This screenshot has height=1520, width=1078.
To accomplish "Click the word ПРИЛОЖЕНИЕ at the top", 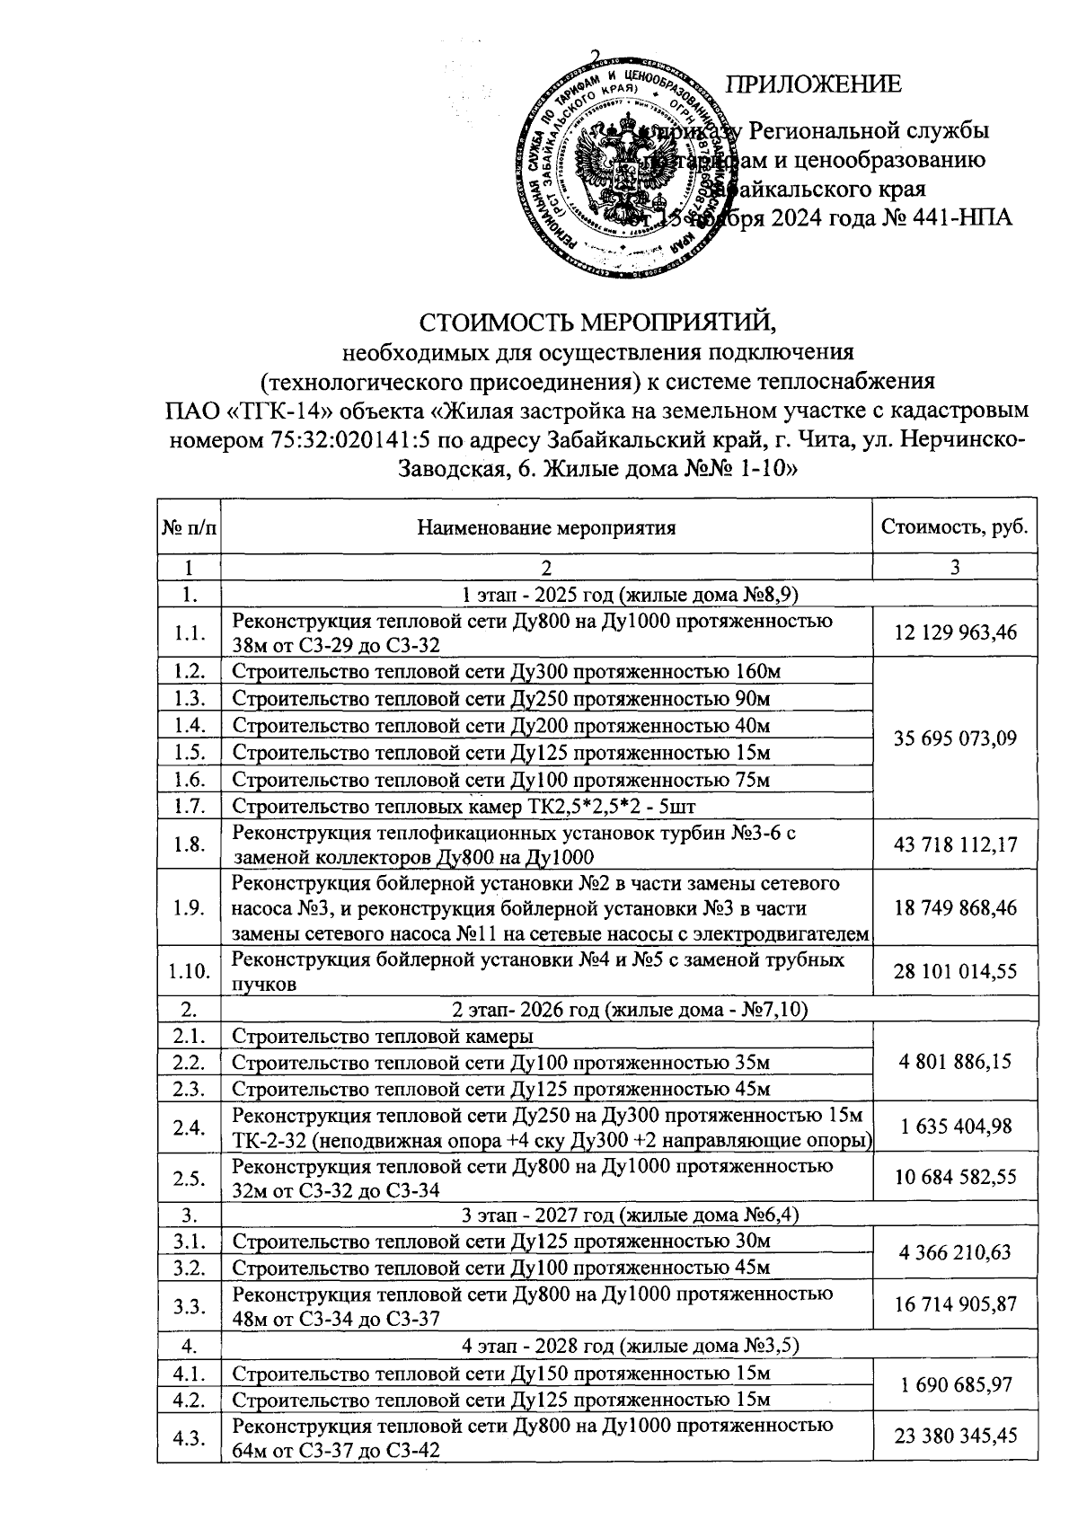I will coord(813,85).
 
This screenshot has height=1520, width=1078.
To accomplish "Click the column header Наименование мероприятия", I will coord(546,527).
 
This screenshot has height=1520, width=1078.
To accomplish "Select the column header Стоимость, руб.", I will coord(955,526).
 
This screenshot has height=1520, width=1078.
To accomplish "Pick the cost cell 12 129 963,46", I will coord(955,632).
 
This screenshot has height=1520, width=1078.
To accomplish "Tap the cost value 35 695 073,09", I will coord(955,738).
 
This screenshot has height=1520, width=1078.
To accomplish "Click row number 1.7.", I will coord(189,805).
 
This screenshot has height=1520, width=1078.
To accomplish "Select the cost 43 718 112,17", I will coord(955,844).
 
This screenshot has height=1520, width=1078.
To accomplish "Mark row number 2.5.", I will coord(189,1178).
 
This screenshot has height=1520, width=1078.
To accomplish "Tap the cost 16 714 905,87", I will coord(955,1305).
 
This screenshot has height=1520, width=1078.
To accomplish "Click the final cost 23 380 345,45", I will coord(955,1436).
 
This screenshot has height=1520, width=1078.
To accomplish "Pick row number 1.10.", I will coord(189,971).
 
